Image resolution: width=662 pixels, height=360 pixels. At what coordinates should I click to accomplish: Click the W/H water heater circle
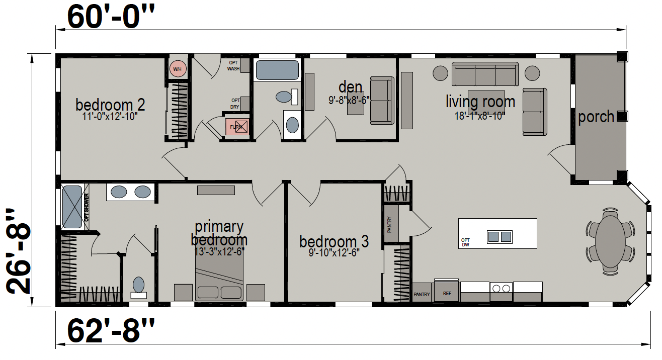178,69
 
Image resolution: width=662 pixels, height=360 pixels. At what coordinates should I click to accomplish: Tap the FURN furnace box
237,127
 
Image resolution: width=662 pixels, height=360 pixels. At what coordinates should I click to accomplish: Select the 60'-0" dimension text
111,17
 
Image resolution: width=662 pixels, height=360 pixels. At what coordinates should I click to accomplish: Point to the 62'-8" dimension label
111,331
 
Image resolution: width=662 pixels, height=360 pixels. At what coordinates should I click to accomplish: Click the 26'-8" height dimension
18,251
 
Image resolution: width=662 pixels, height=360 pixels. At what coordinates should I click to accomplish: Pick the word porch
596,117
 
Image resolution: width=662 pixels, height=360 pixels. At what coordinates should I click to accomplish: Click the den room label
350,87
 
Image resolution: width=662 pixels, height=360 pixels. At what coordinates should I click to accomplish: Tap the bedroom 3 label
334,241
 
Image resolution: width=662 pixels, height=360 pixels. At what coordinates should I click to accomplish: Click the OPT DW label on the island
465,242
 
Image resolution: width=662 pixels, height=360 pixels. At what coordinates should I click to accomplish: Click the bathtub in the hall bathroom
277,70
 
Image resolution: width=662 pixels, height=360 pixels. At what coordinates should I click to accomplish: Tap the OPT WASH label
233,66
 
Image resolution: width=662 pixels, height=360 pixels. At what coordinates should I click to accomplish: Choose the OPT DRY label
235,104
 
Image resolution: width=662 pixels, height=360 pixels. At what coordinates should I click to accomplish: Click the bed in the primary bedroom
219,277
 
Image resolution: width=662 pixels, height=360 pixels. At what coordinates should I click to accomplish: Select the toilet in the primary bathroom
139,288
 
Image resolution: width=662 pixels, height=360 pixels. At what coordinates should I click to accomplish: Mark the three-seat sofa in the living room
485,74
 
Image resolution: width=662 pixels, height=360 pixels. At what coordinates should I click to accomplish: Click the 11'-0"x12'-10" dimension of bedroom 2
110,117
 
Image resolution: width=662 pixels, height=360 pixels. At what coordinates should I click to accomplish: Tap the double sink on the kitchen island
500,237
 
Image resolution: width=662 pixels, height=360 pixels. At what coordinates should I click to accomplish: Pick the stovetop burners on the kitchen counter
501,288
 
